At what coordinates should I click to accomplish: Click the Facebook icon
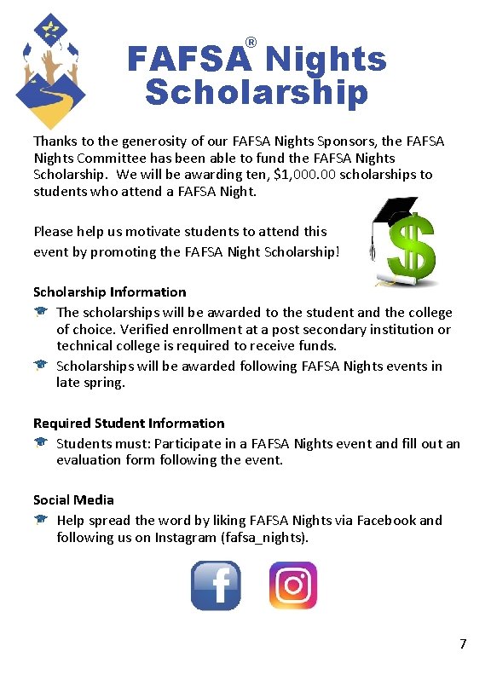[215, 586]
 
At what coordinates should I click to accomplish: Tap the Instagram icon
[292, 586]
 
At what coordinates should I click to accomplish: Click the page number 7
[463, 644]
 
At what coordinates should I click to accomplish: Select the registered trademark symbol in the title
[251, 43]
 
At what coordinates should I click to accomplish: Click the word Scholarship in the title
[256, 92]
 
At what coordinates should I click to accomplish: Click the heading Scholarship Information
[109, 292]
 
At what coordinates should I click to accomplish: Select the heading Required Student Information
[129, 424]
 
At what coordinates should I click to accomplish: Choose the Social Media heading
[73, 500]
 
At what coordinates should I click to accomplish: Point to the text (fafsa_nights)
[264, 538]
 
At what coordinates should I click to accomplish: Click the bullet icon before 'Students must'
[40, 443]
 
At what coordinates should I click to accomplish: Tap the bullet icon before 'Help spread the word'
[40, 520]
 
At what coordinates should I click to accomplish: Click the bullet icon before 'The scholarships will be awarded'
[40, 313]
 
